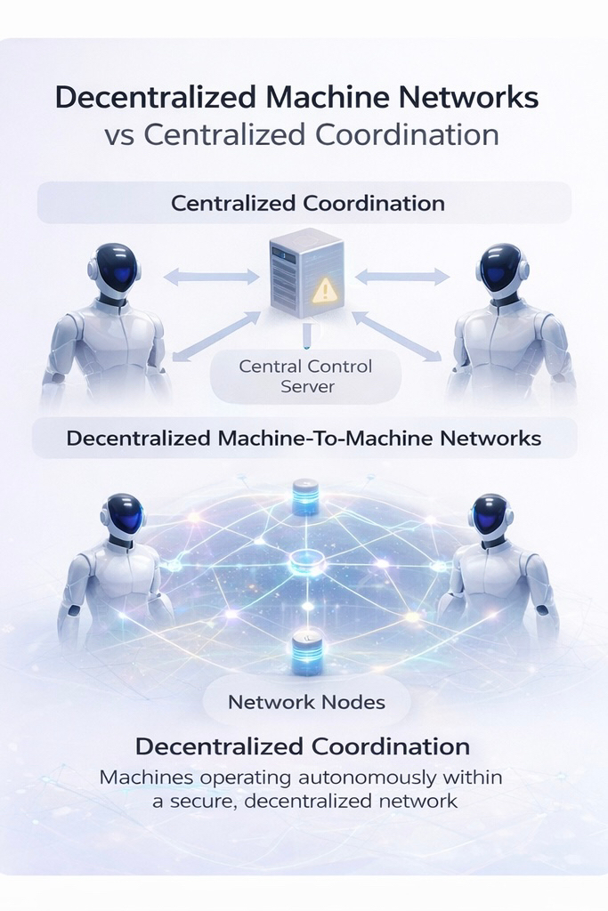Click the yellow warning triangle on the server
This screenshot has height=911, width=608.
[325, 288]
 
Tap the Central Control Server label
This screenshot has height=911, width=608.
[305, 375]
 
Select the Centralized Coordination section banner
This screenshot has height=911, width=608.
[304, 203]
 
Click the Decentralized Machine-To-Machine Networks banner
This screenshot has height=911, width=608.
[304, 439]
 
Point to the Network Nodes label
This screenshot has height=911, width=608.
[306, 702]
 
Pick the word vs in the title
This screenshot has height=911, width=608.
[119, 135]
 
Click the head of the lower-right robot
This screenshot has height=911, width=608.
[489, 516]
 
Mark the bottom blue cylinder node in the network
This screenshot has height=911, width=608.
[305, 653]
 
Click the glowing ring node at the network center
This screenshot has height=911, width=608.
[305, 562]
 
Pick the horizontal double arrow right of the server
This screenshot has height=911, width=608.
[402, 277]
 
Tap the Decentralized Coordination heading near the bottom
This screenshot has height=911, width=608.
[302, 746]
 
